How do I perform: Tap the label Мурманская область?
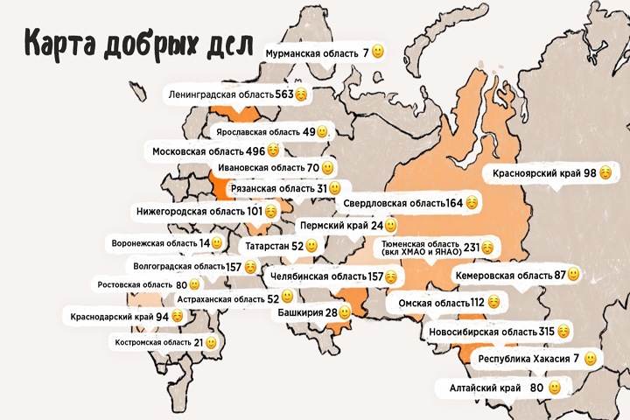click(x=311, y=52)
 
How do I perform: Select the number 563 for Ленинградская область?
click(x=283, y=94)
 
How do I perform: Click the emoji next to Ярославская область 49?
click(x=321, y=132)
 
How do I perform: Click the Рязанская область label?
click(x=271, y=188)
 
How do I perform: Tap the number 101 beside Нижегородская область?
click(x=255, y=211)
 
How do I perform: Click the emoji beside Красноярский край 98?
click(x=605, y=173)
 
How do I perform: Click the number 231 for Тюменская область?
click(x=472, y=248)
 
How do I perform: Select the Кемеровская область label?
click(x=503, y=275)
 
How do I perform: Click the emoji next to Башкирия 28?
click(x=345, y=312)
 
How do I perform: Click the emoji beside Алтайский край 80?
click(x=555, y=387)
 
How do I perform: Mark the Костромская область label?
click(x=153, y=343)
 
